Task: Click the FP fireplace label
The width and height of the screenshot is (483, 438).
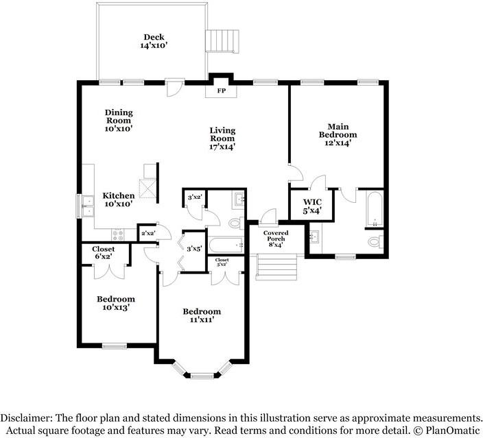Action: (x=221, y=90)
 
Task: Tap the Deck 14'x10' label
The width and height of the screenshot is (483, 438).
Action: (x=154, y=41)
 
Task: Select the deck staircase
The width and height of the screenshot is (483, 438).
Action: (x=222, y=41)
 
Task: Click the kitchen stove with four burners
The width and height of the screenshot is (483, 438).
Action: (x=118, y=235)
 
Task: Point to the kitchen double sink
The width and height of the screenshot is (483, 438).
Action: (x=88, y=206)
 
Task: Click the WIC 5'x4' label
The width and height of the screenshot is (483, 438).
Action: (x=312, y=206)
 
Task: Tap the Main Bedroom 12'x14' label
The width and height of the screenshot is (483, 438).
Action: (x=338, y=135)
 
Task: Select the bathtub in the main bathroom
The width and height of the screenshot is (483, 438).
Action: (x=375, y=208)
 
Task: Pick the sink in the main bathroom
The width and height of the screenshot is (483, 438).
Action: (x=314, y=237)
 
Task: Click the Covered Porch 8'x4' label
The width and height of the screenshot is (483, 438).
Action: (x=276, y=239)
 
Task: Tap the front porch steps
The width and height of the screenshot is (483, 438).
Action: (x=276, y=267)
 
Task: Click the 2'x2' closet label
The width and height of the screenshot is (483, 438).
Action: (x=148, y=233)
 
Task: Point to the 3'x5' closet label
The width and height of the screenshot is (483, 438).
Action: (x=194, y=248)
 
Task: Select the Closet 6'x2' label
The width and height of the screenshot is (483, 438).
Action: (x=103, y=252)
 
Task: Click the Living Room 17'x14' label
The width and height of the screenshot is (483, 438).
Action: (x=222, y=138)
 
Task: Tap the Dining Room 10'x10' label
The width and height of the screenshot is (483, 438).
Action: (x=119, y=121)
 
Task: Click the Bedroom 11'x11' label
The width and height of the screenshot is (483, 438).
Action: (x=202, y=315)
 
